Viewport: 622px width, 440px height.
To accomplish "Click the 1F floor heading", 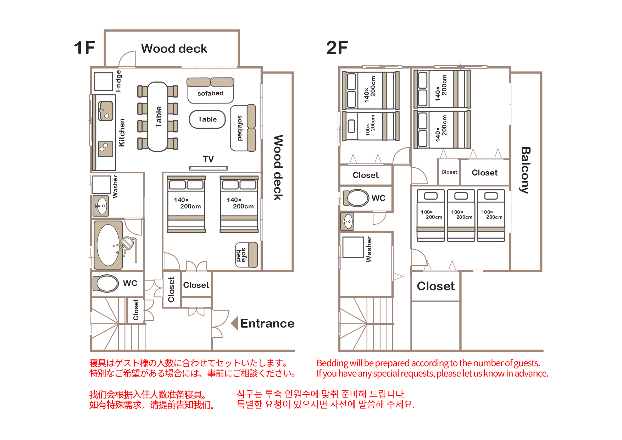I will click(84, 48).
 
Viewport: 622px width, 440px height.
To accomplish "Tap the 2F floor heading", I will click(337, 48).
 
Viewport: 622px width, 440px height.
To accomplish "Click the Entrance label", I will click(267, 323).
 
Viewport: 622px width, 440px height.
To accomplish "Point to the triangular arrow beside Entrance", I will click(234, 323).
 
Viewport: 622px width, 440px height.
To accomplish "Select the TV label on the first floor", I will click(208, 159).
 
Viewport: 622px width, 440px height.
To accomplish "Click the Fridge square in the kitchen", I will click(104, 82).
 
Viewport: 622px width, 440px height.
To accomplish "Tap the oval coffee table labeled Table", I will click(207, 119).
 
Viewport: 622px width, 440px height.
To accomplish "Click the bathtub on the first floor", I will click(108, 245).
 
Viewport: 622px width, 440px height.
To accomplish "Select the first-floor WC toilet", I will click(106, 283).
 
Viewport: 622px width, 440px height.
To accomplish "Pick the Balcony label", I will click(525, 170).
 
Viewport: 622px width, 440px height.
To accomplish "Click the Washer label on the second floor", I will click(369, 249).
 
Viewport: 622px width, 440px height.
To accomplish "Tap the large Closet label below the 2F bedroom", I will click(435, 286).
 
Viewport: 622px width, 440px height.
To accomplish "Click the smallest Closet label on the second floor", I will click(449, 172).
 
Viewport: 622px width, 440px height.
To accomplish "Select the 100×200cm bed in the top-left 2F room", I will click(371, 126).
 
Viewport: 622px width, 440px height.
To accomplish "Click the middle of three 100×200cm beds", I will click(461, 215).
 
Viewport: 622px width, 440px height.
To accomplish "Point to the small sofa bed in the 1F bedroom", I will click(246, 255).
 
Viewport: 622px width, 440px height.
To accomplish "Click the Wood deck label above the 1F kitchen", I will click(174, 49).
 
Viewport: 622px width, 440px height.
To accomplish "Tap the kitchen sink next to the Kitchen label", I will click(106, 111).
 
